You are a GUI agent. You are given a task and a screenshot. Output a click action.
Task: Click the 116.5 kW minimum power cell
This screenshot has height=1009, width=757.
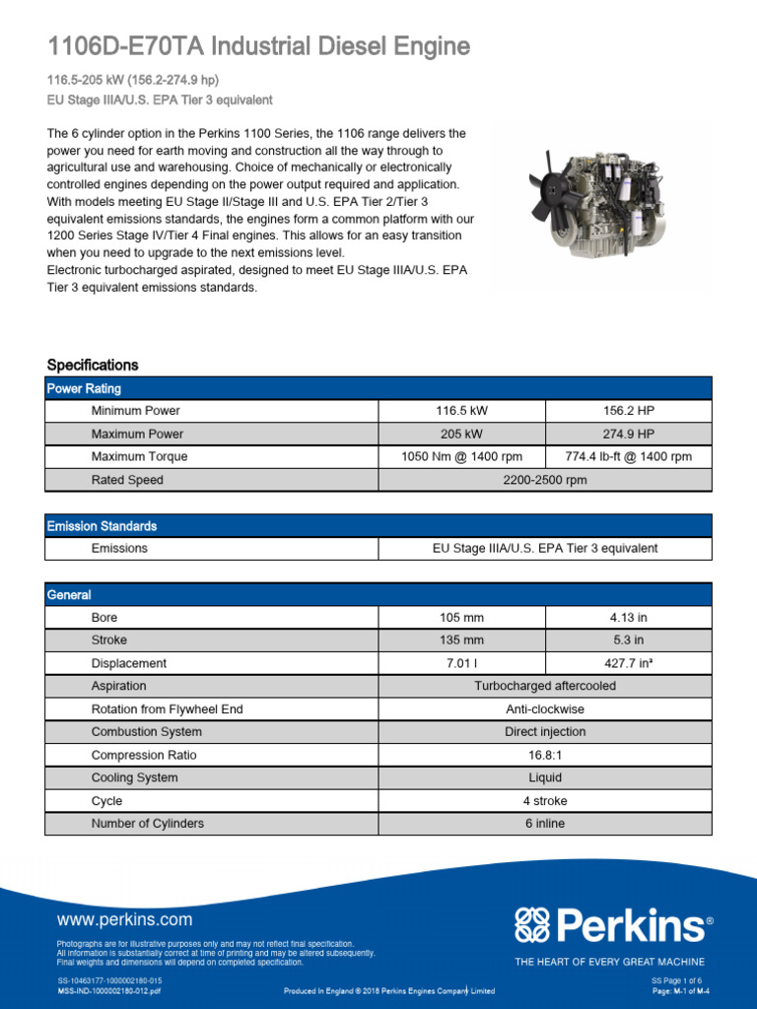(462, 411)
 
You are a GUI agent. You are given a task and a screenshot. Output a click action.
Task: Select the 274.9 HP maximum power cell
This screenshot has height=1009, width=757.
(628, 434)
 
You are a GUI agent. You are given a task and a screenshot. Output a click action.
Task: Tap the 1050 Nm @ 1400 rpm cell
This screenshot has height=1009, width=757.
(462, 457)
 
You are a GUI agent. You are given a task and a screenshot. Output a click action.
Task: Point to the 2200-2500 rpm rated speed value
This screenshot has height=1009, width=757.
(544, 480)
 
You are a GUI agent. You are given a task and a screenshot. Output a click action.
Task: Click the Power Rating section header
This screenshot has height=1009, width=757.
(85, 389)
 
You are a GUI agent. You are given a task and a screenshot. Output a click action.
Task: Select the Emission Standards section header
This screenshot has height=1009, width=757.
(102, 526)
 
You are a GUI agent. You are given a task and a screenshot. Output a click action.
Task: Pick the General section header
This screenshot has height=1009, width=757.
(69, 595)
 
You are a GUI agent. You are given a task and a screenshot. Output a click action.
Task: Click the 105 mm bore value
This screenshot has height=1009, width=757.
(462, 618)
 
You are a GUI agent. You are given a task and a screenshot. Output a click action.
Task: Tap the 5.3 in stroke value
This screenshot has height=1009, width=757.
(628, 640)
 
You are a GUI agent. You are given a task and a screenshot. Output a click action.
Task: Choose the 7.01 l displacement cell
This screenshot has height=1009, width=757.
(462, 663)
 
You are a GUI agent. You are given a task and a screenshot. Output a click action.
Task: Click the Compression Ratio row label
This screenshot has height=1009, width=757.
(144, 755)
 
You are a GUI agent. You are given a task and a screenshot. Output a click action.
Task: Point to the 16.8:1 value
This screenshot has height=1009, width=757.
(544, 755)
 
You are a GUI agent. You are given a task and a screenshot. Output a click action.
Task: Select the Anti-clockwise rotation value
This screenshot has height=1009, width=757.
(544, 709)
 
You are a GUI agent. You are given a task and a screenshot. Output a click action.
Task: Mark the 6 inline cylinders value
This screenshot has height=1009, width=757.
(544, 823)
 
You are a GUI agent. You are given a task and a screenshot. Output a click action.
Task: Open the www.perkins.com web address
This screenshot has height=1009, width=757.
(125, 920)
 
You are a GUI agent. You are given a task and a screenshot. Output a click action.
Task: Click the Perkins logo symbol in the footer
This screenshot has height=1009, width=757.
(536, 925)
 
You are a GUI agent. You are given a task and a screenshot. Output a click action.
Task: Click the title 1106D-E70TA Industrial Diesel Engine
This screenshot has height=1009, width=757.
(258, 46)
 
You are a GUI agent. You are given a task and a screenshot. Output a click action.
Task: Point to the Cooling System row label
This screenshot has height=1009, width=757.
(135, 777)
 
